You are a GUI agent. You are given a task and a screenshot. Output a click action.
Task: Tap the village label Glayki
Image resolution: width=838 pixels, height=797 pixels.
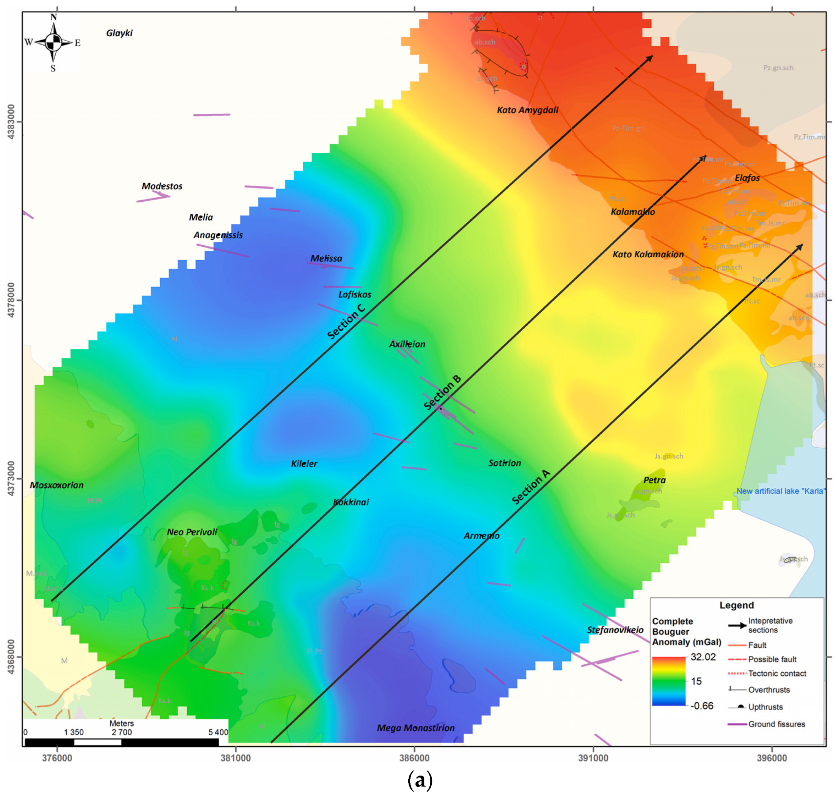(x=119, y=33)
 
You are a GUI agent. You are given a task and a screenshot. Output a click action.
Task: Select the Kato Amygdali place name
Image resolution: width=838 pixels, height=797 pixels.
(x=528, y=110)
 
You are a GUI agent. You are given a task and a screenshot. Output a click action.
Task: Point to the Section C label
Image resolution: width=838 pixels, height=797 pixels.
(x=346, y=322)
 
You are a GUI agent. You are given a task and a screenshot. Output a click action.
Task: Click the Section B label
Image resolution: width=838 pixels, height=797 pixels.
(x=442, y=392)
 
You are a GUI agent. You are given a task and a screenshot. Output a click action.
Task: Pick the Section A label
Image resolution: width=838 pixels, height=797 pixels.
(x=531, y=487)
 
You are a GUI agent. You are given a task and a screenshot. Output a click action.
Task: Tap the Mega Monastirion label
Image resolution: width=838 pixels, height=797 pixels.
(x=416, y=728)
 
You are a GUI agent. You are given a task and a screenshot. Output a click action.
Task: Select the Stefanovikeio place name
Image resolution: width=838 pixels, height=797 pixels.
(x=615, y=630)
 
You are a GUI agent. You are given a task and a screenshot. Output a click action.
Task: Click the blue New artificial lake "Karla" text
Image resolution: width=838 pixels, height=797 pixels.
(x=781, y=491)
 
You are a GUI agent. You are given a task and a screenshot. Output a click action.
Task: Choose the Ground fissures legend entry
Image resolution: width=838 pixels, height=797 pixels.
(x=776, y=724)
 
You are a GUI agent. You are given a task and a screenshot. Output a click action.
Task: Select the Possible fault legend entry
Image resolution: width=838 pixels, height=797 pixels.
(x=772, y=659)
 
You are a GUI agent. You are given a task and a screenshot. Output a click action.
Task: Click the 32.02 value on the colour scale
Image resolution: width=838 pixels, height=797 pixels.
(x=703, y=657)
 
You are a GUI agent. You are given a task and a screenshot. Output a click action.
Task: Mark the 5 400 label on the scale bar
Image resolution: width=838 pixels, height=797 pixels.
(x=218, y=732)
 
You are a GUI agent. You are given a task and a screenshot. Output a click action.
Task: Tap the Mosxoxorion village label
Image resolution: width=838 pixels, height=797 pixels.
(x=56, y=485)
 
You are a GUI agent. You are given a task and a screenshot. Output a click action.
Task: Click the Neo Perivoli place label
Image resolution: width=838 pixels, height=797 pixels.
(x=192, y=532)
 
